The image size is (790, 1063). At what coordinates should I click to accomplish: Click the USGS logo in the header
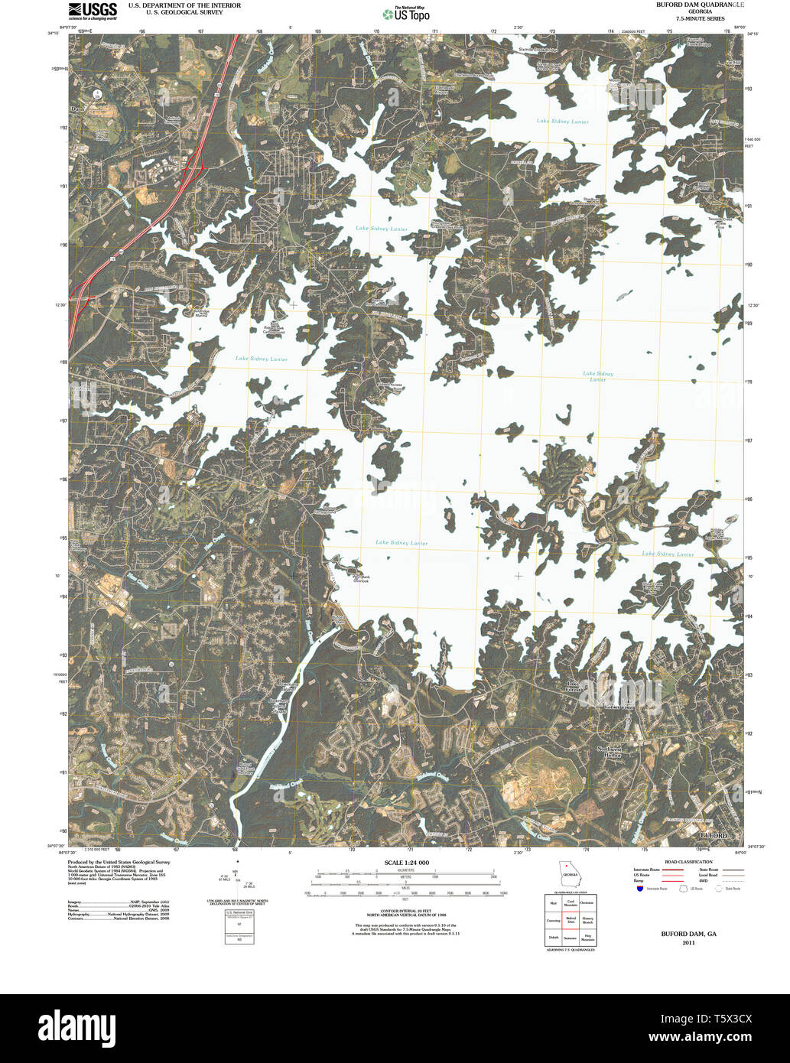click(x=92, y=10)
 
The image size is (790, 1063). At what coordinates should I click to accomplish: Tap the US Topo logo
click(x=406, y=13)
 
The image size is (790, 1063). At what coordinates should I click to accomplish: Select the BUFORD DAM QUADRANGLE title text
click(x=699, y=5)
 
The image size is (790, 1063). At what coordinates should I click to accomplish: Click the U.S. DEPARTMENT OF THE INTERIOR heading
click(x=184, y=5)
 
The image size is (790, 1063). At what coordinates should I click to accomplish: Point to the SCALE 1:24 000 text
click(x=406, y=863)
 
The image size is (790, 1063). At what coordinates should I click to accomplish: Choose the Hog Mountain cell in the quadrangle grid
click(x=587, y=938)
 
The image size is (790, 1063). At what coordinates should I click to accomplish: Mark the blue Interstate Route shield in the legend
click(x=639, y=889)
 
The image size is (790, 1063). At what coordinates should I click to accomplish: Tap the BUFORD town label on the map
click(x=713, y=836)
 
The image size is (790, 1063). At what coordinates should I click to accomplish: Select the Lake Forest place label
click(x=574, y=687)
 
